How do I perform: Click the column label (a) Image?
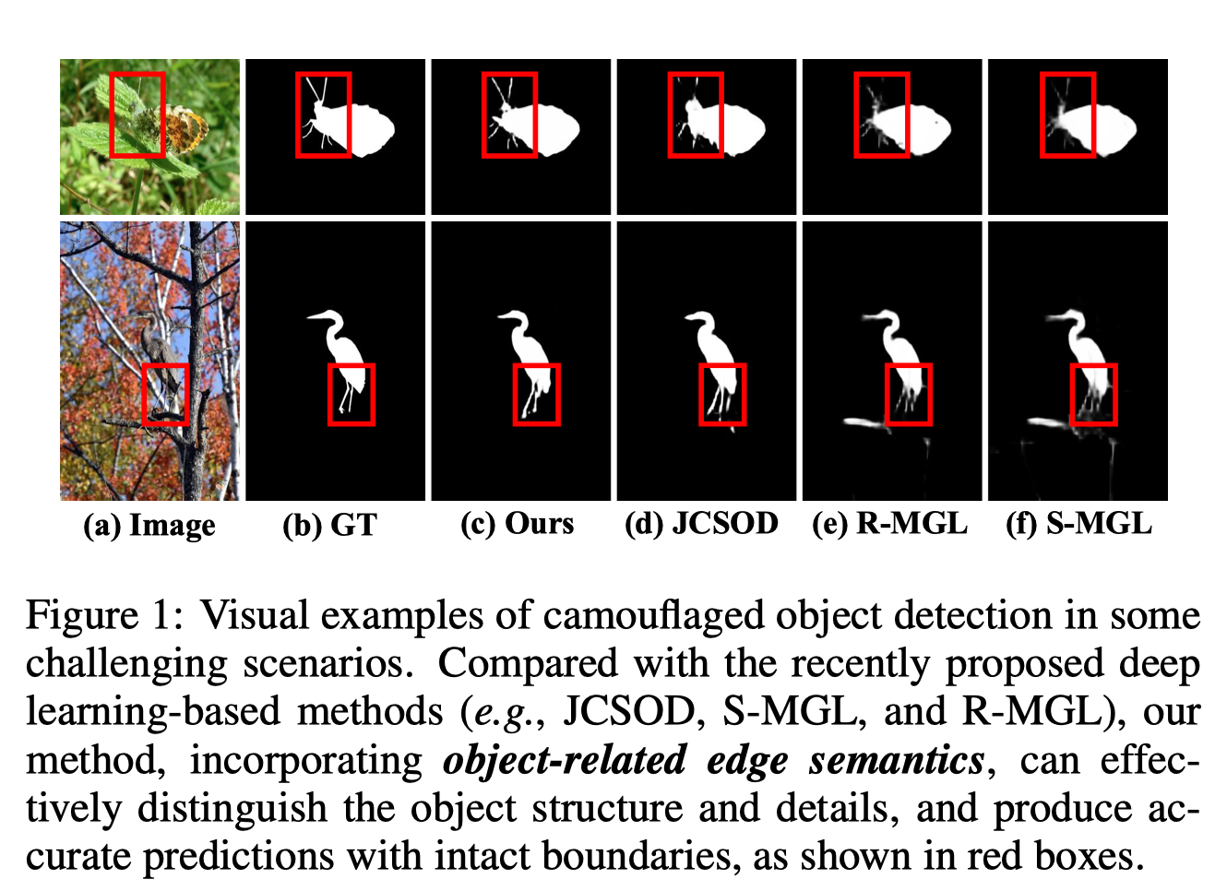pos(149,525)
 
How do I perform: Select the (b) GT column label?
pos(330,525)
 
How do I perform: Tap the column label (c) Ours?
pos(517,524)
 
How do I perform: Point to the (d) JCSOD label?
pos(701,524)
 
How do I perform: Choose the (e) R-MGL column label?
pos(889,524)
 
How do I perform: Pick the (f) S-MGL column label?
pos(1078,524)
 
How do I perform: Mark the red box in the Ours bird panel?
pos(536,395)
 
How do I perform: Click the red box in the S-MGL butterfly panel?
pos(1068,115)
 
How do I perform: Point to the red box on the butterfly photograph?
pos(137,115)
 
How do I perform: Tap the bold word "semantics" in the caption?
pos(896,761)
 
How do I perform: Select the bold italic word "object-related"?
pos(565,761)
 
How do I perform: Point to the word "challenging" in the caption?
pos(126,664)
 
